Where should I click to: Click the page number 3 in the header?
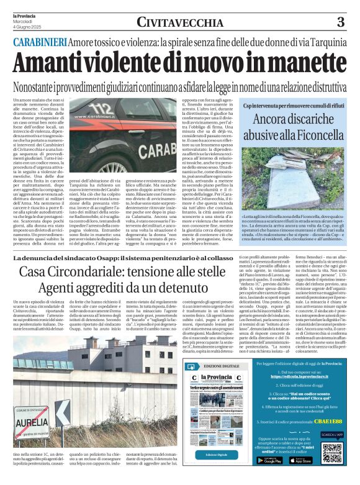340,22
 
